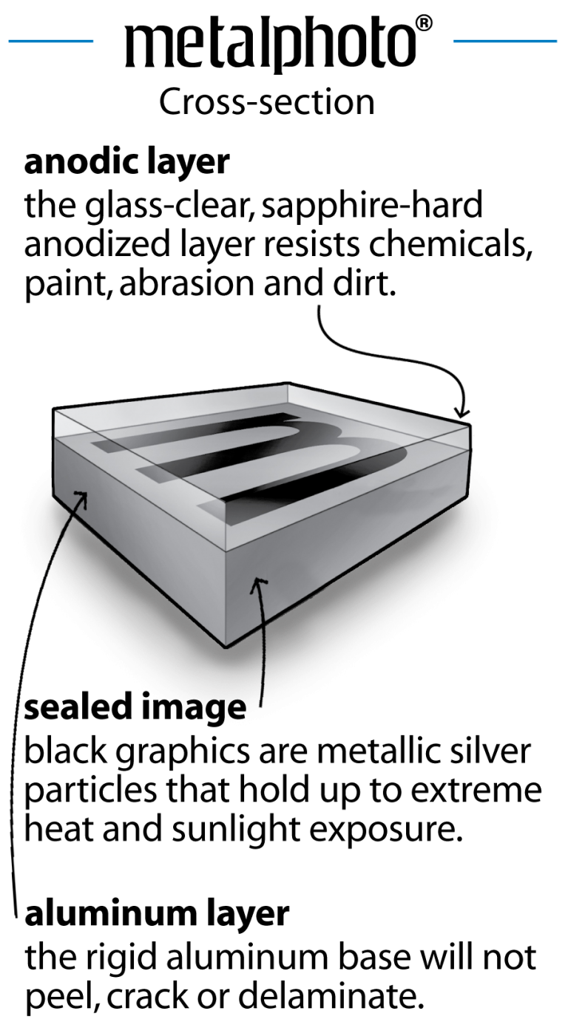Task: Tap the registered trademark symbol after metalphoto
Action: tap(424, 25)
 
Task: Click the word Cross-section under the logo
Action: tap(267, 103)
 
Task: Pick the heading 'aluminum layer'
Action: tap(156, 915)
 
